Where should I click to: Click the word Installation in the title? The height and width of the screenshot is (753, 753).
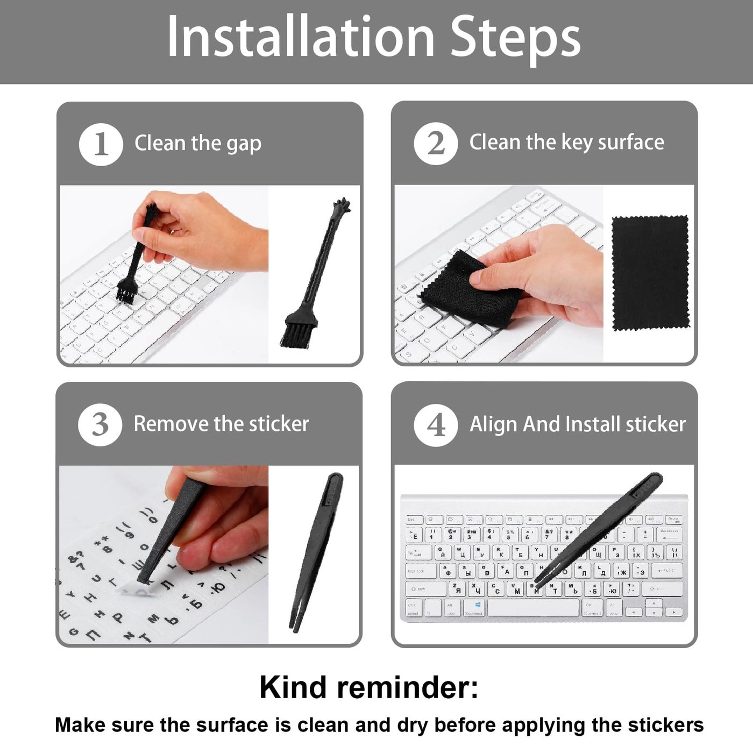tap(301, 37)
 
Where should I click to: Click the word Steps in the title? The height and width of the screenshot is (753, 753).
tap(515, 37)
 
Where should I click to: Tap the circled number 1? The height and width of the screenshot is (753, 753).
tap(101, 144)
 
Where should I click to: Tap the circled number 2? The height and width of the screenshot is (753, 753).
tap(436, 144)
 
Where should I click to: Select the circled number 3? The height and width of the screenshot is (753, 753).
tap(100, 424)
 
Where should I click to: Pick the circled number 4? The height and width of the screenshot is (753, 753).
tap(436, 425)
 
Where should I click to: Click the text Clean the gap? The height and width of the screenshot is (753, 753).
tap(198, 144)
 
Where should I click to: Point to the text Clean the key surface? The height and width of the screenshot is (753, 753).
tap(566, 143)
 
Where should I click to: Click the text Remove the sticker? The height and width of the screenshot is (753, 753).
tap(221, 424)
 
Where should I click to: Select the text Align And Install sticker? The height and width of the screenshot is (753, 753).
tap(578, 424)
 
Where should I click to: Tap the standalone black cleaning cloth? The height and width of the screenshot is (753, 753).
tap(650, 273)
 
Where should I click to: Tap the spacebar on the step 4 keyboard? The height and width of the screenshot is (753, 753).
tap(532, 608)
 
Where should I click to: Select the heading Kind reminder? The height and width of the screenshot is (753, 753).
tap(369, 687)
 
